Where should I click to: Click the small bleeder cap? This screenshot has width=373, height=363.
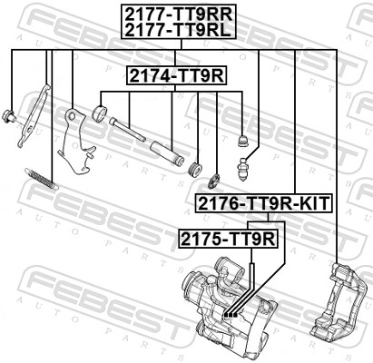[x=242, y=141]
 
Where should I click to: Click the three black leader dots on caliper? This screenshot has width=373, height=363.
[x=229, y=313]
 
